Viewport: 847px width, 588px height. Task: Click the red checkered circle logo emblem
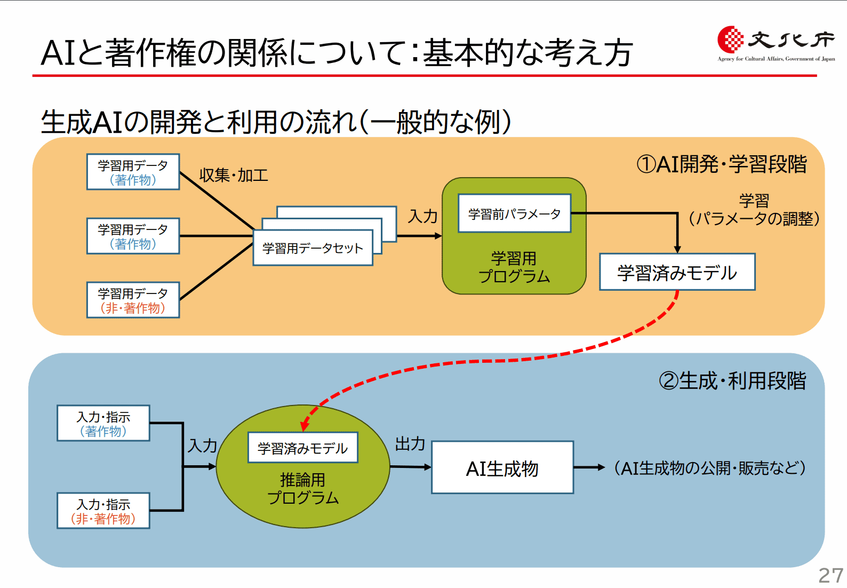click(730, 39)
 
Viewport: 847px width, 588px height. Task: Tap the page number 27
click(830, 576)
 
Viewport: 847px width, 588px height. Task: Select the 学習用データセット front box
click(313, 248)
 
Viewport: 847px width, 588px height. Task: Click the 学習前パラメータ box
click(514, 213)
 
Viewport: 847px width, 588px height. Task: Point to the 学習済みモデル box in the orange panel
click(677, 272)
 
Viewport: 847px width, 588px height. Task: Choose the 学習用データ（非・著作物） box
click(133, 300)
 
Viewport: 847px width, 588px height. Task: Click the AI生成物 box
click(502, 467)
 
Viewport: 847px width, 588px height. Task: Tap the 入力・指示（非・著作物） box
click(103, 511)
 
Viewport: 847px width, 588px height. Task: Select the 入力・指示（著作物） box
click(103, 424)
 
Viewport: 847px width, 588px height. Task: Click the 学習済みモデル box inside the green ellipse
click(302, 448)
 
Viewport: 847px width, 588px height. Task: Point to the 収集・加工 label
click(233, 175)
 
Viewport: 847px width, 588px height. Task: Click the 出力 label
click(410, 443)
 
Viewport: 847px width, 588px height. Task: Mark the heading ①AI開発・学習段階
click(722, 164)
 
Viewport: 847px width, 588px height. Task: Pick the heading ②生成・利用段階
click(732, 380)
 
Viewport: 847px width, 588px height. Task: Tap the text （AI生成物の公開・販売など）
click(710, 468)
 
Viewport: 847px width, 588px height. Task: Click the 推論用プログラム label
click(302, 489)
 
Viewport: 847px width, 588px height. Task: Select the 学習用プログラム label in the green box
click(514, 267)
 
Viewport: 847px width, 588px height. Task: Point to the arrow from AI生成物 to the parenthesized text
click(589, 467)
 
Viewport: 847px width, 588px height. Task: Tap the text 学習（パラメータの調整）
click(754, 210)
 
